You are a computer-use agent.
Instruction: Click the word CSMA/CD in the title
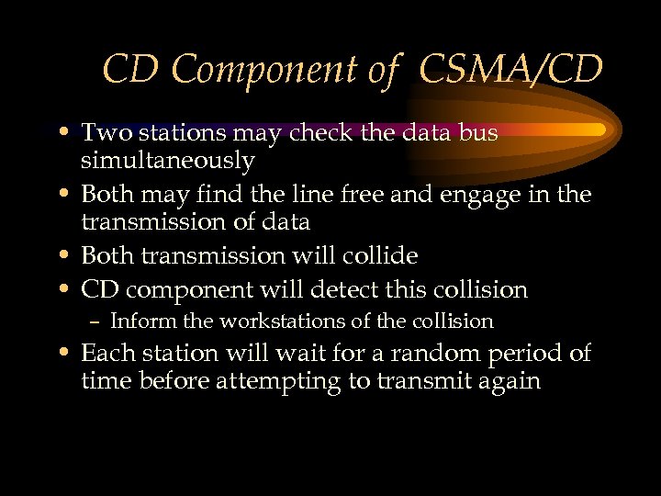click(513, 68)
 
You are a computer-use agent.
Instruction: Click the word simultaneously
click(167, 162)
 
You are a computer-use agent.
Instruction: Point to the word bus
click(477, 132)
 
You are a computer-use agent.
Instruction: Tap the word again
click(504, 382)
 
